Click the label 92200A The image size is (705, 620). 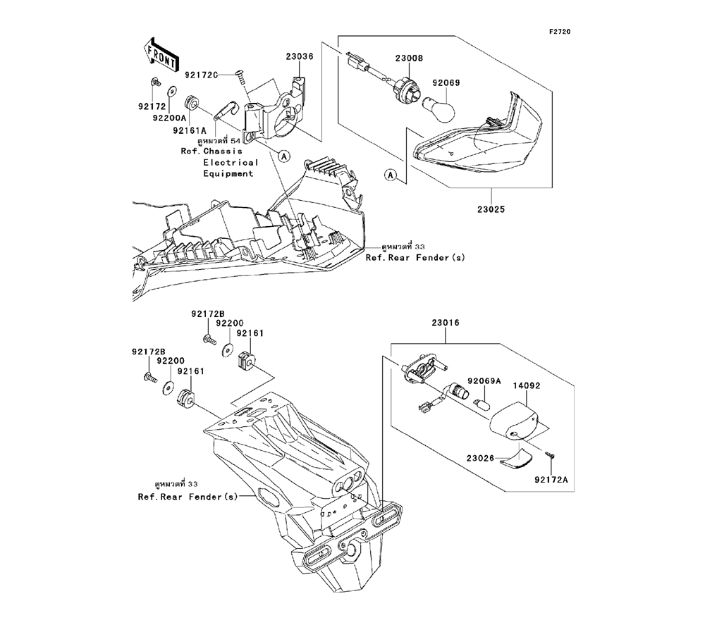coord(168,118)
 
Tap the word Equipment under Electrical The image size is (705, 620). coord(228,173)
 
